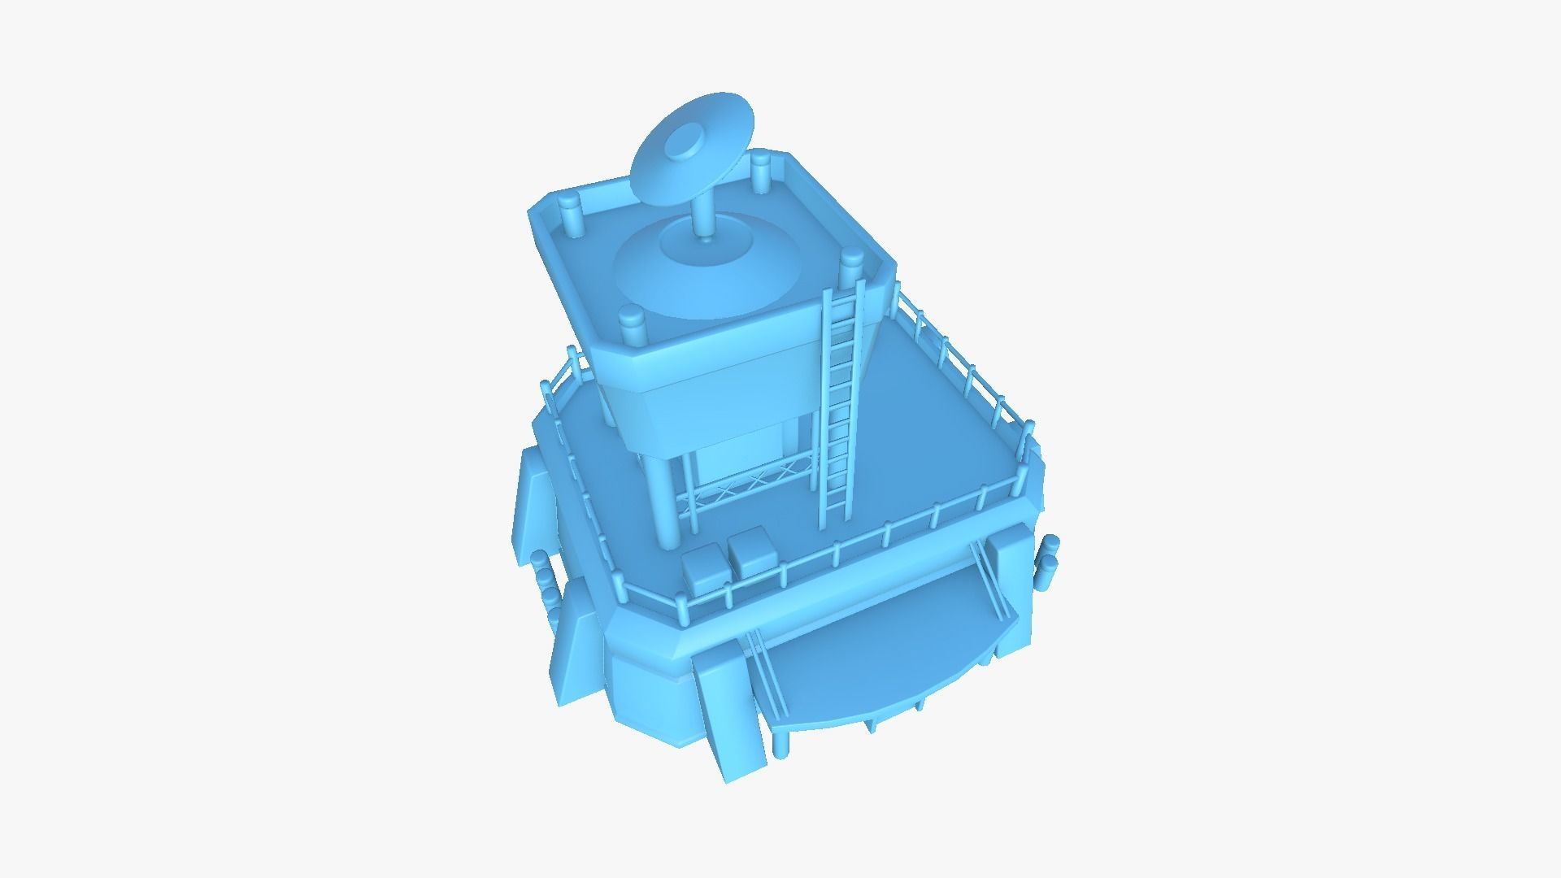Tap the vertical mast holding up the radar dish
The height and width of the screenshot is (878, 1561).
pyautogui.click(x=702, y=213)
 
